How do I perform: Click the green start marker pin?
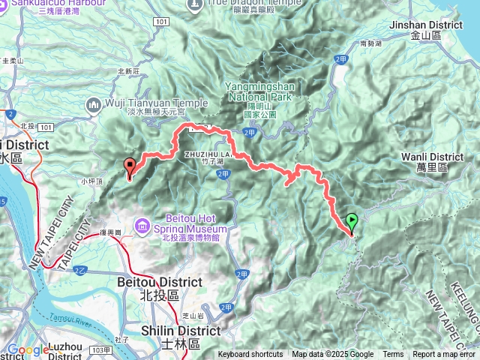(352, 222)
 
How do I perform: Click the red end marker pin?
(129, 166)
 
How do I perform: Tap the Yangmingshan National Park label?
(259, 91)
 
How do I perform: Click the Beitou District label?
(160, 282)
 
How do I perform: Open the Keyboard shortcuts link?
(250, 355)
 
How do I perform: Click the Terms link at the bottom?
(393, 355)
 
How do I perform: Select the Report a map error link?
(443, 355)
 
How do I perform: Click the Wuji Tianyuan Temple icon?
(94, 103)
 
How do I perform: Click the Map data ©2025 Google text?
(332, 355)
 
